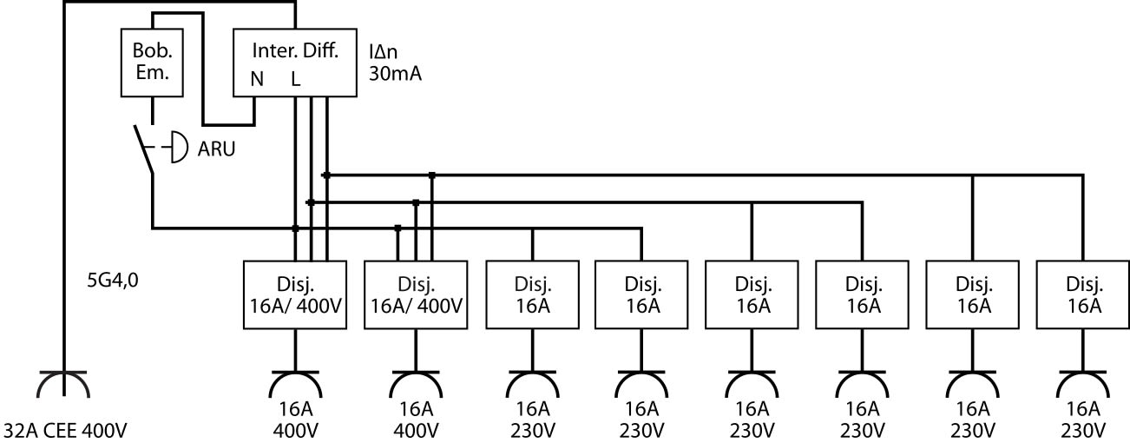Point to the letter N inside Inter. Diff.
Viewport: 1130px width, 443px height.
point(257,79)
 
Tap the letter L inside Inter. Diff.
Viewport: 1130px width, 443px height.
point(295,79)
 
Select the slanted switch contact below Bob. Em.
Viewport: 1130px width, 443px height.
point(144,149)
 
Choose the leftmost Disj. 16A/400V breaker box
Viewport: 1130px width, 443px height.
point(297,295)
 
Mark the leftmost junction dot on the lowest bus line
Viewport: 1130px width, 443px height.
point(295,228)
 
